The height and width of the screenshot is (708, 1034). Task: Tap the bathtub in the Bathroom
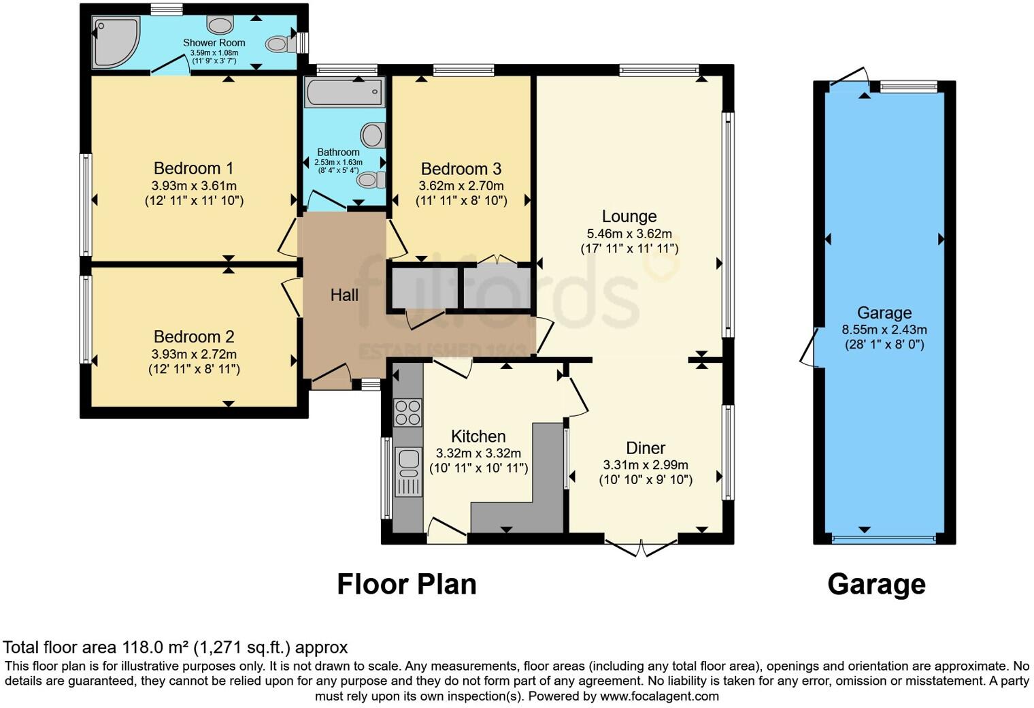click(x=344, y=92)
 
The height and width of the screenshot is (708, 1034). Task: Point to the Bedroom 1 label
click(x=193, y=168)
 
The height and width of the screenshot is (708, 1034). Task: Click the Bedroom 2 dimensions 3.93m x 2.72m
click(x=194, y=354)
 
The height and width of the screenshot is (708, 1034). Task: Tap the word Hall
click(x=344, y=295)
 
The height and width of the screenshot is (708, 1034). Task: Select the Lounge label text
click(x=629, y=216)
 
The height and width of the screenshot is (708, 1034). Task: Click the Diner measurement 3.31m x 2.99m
click(x=645, y=465)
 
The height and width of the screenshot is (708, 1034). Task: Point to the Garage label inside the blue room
click(x=884, y=313)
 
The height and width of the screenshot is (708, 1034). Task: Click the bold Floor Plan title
click(x=406, y=584)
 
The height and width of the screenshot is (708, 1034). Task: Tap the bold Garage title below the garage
click(x=876, y=584)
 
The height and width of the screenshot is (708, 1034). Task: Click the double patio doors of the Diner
click(x=641, y=547)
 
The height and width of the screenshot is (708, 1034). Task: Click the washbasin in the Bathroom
click(x=372, y=135)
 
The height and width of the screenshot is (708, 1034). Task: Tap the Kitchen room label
click(x=478, y=436)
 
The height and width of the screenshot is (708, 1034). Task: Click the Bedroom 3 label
click(x=461, y=169)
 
